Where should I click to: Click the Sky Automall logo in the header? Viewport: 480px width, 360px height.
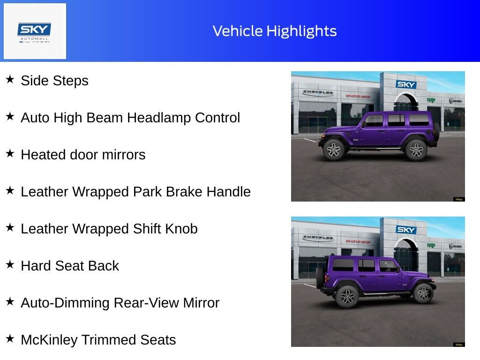click(x=35, y=31)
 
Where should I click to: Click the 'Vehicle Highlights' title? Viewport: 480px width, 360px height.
click(x=275, y=31)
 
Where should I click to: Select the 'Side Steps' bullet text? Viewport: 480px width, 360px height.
click(x=54, y=81)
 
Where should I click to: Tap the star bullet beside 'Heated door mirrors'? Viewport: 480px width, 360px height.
click(x=10, y=153)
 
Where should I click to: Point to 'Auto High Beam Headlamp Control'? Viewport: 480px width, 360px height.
click(x=130, y=118)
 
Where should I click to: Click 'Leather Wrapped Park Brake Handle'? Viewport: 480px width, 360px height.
click(x=135, y=192)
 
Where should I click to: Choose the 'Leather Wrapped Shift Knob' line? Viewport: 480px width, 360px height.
click(x=109, y=229)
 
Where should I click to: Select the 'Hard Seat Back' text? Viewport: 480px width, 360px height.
click(x=70, y=266)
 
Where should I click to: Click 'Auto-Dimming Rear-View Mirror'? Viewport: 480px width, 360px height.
click(x=120, y=303)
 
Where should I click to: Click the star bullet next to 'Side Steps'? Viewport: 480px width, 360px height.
click(x=10, y=79)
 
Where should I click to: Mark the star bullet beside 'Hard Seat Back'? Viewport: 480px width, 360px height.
click(x=10, y=264)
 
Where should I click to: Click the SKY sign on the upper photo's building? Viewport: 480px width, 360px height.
click(x=406, y=84)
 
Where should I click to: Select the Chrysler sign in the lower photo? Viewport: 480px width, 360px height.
click(x=318, y=238)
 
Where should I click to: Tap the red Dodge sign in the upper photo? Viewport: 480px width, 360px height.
click(x=358, y=96)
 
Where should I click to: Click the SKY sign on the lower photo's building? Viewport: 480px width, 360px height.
click(x=406, y=230)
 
